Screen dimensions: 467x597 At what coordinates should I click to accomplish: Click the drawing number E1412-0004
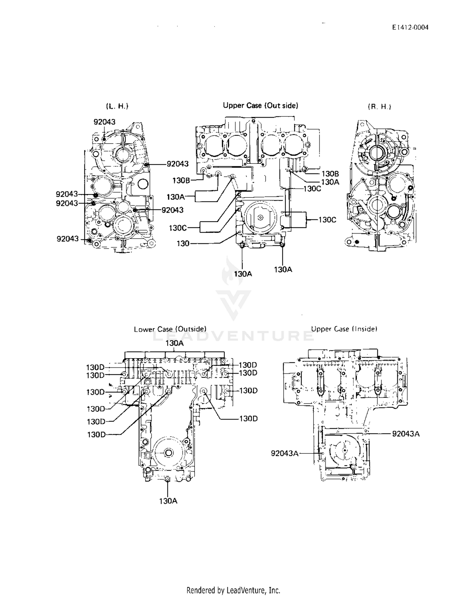click(410, 27)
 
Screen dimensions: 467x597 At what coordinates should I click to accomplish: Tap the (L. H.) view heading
click(117, 106)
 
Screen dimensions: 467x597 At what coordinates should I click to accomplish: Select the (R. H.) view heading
click(380, 107)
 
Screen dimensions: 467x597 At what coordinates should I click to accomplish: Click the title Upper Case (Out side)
click(261, 106)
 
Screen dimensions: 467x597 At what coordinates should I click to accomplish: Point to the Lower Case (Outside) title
click(170, 329)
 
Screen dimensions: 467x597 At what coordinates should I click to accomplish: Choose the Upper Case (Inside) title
click(344, 329)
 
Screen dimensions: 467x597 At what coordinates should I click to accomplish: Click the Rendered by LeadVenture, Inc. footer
click(233, 590)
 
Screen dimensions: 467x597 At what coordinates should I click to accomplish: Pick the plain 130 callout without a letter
click(183, 244)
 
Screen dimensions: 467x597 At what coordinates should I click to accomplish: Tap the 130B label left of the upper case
click(182, 180)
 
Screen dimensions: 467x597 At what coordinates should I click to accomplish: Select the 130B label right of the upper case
click(330, 174)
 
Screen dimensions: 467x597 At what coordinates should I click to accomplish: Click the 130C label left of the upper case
click(178, 228)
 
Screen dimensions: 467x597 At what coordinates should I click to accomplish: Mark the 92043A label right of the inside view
click(406, 434)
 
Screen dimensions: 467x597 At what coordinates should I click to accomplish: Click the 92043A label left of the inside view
click(285, 453)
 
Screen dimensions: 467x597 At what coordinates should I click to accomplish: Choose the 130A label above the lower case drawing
click(175, 343)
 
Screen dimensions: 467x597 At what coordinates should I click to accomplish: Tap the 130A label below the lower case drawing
click(168, 501)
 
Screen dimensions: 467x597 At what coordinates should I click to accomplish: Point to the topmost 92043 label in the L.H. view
click(105, 122)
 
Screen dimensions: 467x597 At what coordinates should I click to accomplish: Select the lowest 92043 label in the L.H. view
click(68, 239)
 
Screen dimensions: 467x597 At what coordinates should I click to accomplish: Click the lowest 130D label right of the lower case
click(248, 419)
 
